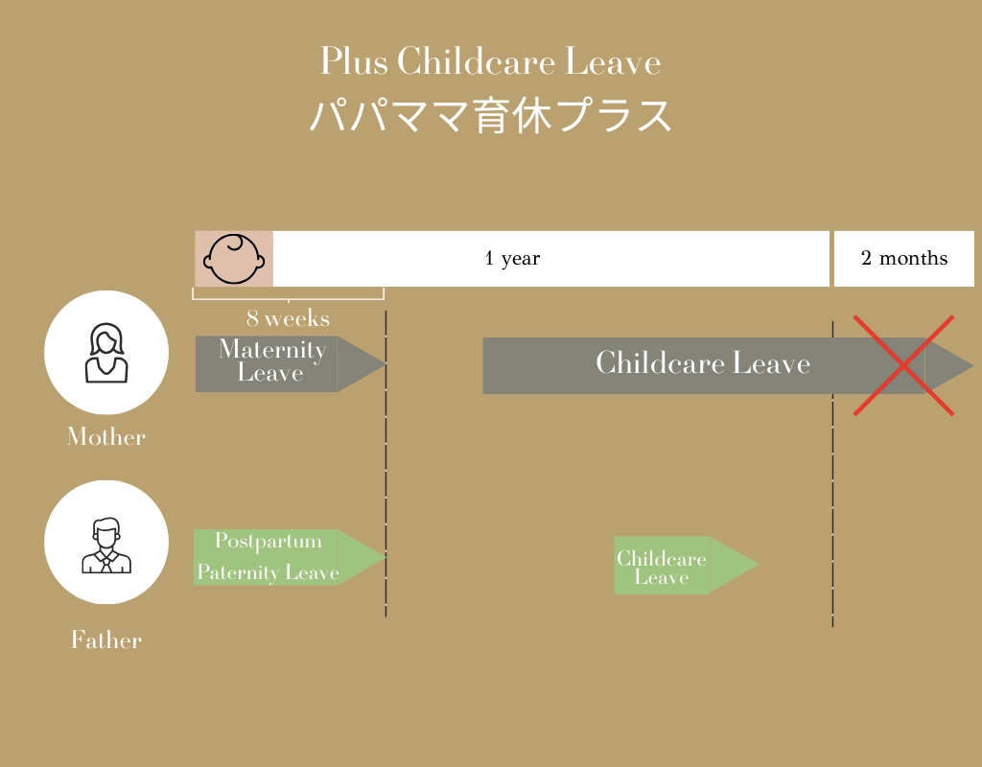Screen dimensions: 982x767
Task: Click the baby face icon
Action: click(x=234, y=259)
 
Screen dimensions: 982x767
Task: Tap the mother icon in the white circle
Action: click(x=106, y=353)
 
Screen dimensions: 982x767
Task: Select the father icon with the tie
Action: click(x=106, y=546)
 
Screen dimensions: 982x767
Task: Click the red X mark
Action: click(x=903, y=365)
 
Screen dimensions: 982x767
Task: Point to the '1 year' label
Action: click(x=512, y=258)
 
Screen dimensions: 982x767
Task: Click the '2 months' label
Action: click(x=904, y=258)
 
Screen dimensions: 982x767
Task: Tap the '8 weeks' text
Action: click(x=288, y=318)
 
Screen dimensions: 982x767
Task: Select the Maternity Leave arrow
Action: click(x=291, y=363)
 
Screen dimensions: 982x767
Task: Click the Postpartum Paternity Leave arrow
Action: click(x=290, y=557)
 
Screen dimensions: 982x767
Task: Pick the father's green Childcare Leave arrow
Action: click(x=687, y=565)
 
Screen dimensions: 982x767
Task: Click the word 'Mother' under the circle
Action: click(x=106, y=436)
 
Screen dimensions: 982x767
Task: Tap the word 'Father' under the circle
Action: click(x=106, y=639)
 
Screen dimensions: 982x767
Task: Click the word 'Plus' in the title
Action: click(x=354, y=61)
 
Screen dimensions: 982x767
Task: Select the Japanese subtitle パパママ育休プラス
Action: click(x=491, y=115)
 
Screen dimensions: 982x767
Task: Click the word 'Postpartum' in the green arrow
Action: click(x=269, y=541)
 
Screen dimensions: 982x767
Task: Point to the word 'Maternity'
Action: click(x=272, y=349)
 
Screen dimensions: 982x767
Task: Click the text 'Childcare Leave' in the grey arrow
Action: click(x=703, y=362)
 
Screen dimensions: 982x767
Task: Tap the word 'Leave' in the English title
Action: click(x=613, y=61)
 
